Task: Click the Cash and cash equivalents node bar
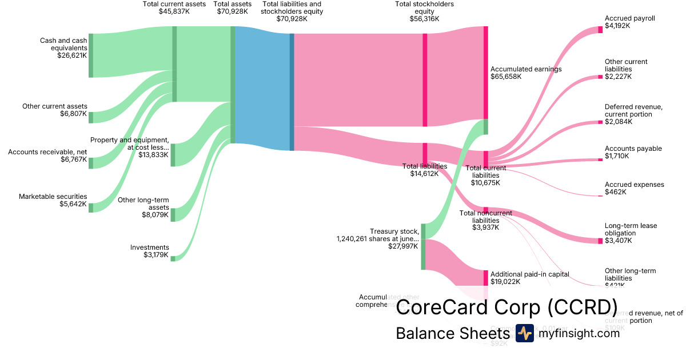pos(90,55)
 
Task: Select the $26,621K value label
pos(71,56)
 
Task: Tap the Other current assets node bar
pos(90,117)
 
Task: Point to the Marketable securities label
pos(53,197)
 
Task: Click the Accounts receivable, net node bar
pos(90,162)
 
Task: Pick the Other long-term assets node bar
pos(173,214)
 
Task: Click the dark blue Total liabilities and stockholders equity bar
pos(292,92)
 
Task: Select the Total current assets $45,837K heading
pos(174,8)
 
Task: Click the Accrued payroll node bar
pos(600,30)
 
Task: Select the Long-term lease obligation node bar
pos(600,240)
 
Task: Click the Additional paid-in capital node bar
pos(486,278)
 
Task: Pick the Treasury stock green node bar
pos(423,246)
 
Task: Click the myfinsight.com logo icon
pos(524,333)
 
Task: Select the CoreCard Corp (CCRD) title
pos(506,308)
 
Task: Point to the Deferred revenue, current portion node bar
pos(600,122)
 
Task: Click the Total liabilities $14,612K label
pos(424,170)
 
